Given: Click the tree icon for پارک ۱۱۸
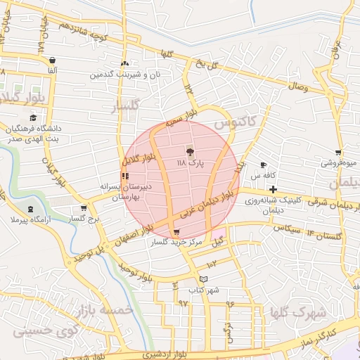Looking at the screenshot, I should tap(189, 151).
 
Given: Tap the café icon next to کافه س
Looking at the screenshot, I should tap(263, 164).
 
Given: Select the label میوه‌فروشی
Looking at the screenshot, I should tap(338, 162).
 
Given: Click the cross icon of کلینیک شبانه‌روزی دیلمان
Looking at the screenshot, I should tap(272, 189).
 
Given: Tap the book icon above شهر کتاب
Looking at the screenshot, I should tap(203, 279).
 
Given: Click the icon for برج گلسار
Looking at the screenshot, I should tap(84, 208).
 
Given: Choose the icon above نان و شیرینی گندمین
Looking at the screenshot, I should tap(124, 63).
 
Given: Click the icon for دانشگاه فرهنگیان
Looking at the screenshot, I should tap(34, 117).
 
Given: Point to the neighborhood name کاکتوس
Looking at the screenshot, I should tap(233, 123).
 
